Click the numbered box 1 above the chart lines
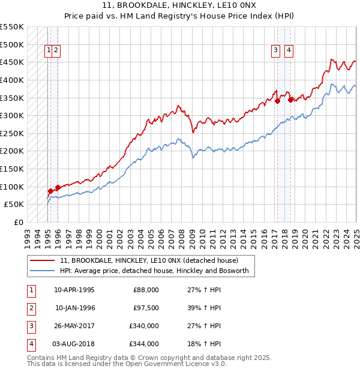(47, 51)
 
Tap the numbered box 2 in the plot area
(55, 51)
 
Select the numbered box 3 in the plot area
(275, 51)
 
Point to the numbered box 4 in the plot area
(289, 51)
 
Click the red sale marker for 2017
(278, 101)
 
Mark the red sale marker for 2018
(290, 100)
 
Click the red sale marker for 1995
(50, 191)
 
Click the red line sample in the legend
(42, 261)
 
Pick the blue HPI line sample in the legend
(42, 271)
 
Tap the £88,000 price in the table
(146, 290)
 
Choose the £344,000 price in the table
(145, 344)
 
